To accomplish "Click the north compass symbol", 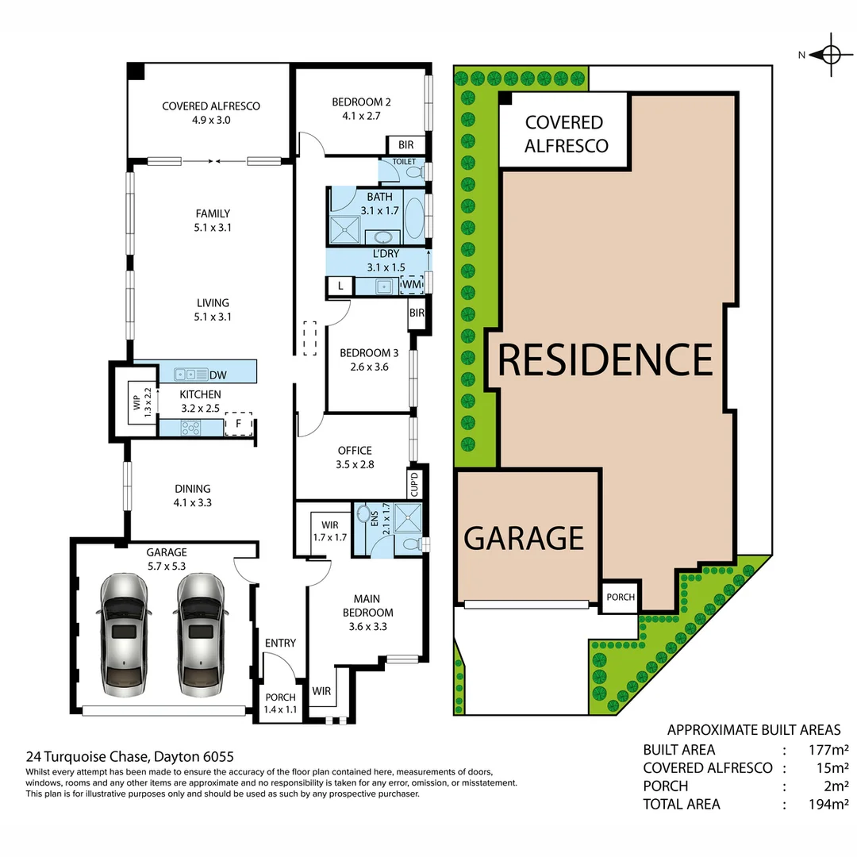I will point(830,55).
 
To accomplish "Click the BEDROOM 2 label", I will point(361,102).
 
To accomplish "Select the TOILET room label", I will point(403,161).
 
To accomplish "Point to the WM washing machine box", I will point(412,284).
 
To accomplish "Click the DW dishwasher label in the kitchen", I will point(218,374).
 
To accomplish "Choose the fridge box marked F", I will point(237,425).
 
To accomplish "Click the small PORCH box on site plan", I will point(621,597).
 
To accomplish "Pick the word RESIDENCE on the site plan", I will point(605,360).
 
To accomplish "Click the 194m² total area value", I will point(828,804).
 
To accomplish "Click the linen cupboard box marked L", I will point(340,286).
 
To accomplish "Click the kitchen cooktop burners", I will point(191,428).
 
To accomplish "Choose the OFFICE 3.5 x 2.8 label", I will point(354,457).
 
